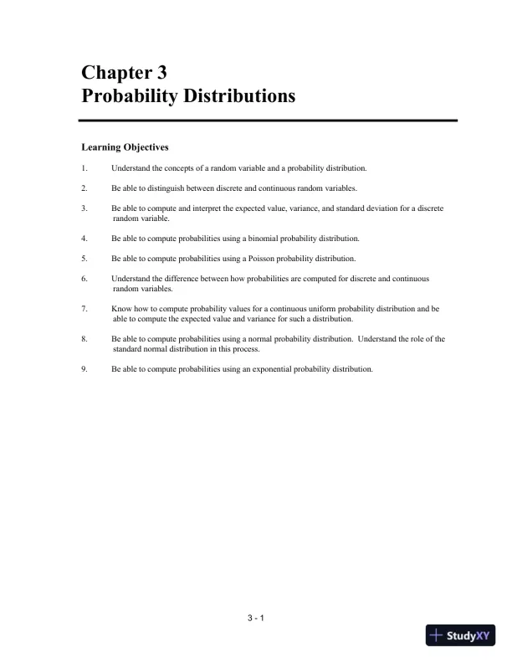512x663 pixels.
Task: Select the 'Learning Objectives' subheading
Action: pyautogui.click(x=125, y=147)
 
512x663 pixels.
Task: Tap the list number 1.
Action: pyautogui.click(x=84, y=168)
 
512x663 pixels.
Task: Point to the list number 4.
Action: pyautogui.click(x=84, y=239)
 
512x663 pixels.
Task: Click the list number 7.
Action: pyautogui.click(x=84, y=309)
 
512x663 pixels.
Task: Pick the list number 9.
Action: pyautogui.click(x=84, y=369)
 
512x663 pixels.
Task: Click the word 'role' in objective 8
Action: pyautogui.click(x=406, y=339)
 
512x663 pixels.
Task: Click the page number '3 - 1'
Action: pyautogui.click(x=256, y=619)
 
